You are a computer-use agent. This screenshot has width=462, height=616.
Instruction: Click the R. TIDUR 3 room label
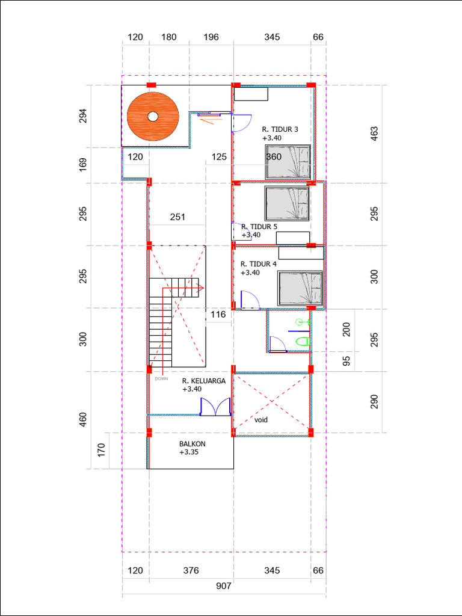(x=280, y=129)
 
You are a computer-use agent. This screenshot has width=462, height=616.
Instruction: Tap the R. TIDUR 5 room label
(x=259, y=227)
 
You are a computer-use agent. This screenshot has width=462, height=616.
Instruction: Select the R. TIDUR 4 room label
(x=259, y=264)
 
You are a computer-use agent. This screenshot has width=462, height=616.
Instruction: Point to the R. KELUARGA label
(x=204, y=381)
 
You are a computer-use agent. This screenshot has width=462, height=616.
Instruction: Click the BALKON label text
(x=192, y=444)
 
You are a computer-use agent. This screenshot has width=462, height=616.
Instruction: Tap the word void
(x=260, y=420)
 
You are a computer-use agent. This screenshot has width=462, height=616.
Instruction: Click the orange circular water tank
(x=153, y=116)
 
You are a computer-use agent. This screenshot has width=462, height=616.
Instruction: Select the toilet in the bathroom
(x=302, y=342)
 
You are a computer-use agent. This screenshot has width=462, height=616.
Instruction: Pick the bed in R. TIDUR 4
(x=300, y=288)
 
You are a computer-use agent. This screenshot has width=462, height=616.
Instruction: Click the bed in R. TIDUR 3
(x=288, y=162)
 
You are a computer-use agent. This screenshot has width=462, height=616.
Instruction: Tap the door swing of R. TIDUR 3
(x=242, y=123)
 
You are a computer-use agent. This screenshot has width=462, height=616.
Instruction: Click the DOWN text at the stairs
(x=161, y=379)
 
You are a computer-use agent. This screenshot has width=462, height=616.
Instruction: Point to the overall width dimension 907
(x=223, y=585)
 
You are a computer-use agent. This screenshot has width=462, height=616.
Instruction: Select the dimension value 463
(x=374, y=134)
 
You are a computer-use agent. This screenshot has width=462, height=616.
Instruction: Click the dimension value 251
(x=177, y=217)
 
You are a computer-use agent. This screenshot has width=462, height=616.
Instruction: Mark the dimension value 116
(x=218, y=315)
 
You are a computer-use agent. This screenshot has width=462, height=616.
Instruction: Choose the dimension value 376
(x=191, y=570)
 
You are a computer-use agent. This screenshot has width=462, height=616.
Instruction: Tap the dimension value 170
(x=101, y=450)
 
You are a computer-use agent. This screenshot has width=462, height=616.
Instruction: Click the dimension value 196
(x=211, y=37)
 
